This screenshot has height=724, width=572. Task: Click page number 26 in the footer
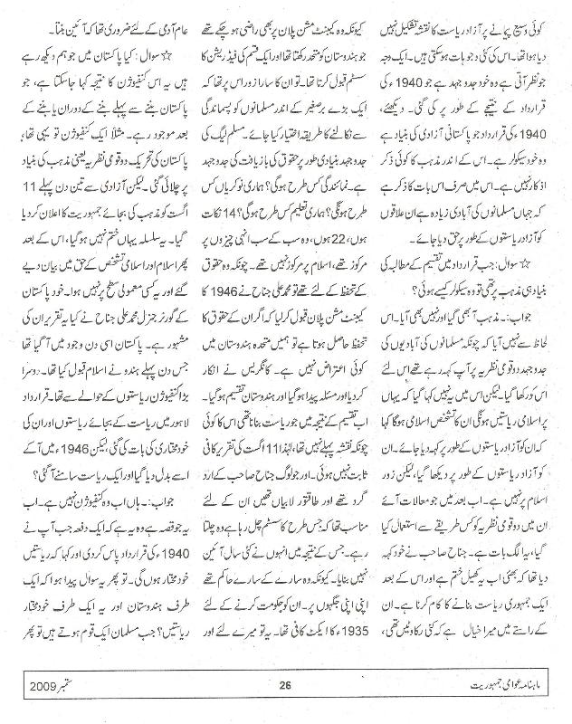pyautogui.click(x=285, y=706)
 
